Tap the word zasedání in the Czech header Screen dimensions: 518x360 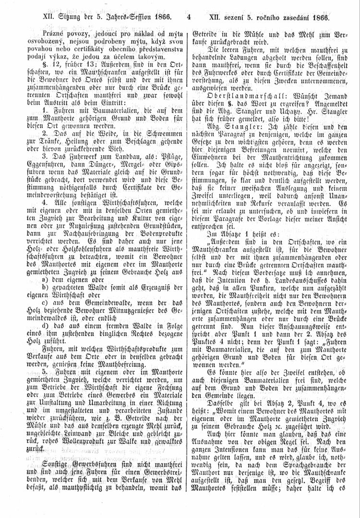[x=292, y=19]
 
